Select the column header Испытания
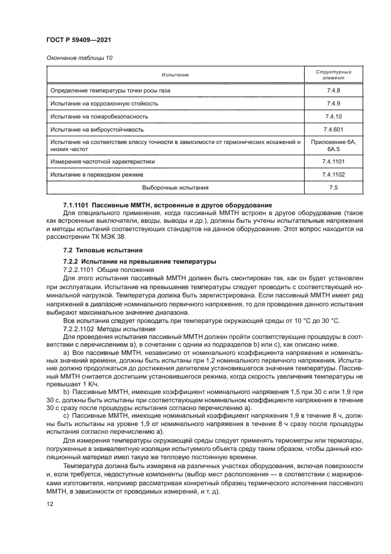[x=176, y=75]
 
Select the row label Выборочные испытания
[x=176, y=188]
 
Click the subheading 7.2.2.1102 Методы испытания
[x=101, y=328]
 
